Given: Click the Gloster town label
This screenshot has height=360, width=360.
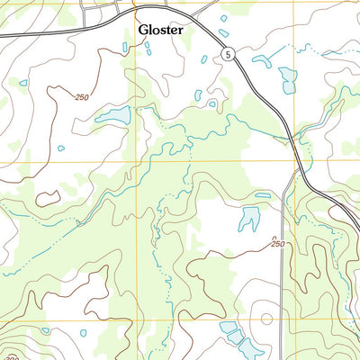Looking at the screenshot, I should click(161, 30).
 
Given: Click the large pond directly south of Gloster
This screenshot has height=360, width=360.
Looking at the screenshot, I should click(114, 116).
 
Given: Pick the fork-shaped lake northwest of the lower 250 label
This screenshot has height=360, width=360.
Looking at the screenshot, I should click(247, 217).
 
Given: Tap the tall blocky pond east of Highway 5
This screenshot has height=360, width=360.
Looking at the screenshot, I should click(287, 79).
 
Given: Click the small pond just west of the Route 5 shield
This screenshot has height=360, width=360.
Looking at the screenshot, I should click(204, 59).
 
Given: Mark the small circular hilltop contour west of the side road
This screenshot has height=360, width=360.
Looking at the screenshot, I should click(265, 317).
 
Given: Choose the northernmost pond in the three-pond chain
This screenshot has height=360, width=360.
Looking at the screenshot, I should click(228, 328).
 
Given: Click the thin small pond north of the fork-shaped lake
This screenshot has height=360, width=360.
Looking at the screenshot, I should click(262, 194).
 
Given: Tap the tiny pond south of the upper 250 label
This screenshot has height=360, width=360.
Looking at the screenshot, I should click(61, 148).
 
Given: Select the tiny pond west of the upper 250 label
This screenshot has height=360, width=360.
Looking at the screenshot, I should click(22, 83).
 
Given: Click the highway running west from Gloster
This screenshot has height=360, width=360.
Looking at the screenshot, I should click(45, 33).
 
